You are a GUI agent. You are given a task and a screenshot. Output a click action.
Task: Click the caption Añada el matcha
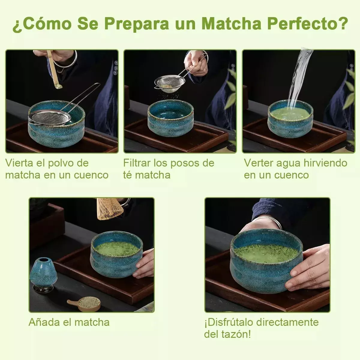69,322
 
